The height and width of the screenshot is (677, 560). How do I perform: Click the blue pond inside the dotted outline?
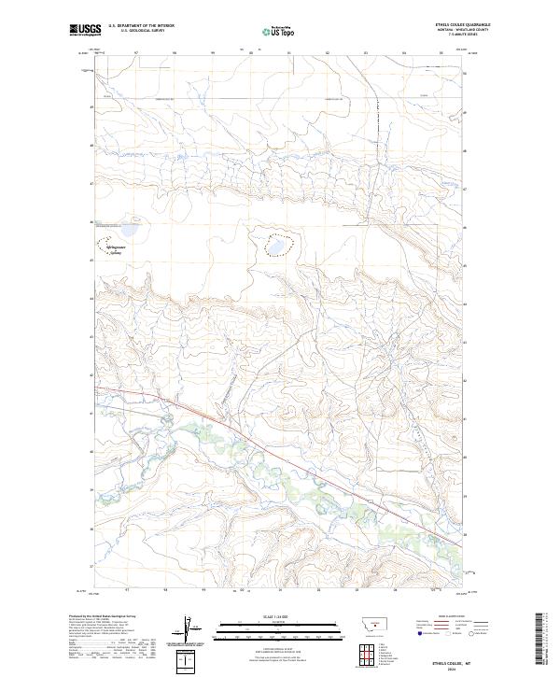pos(277,247)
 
